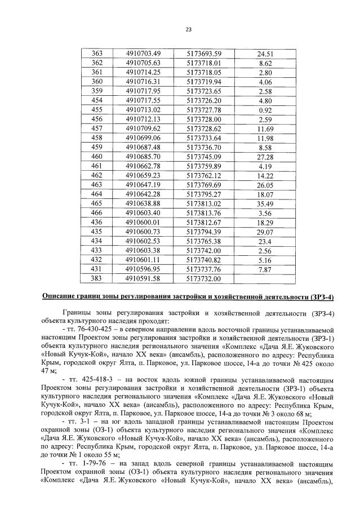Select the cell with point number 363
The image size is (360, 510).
(97, 54)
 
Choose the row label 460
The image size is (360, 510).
(97, 156)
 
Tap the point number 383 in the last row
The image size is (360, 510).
(97, 278)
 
